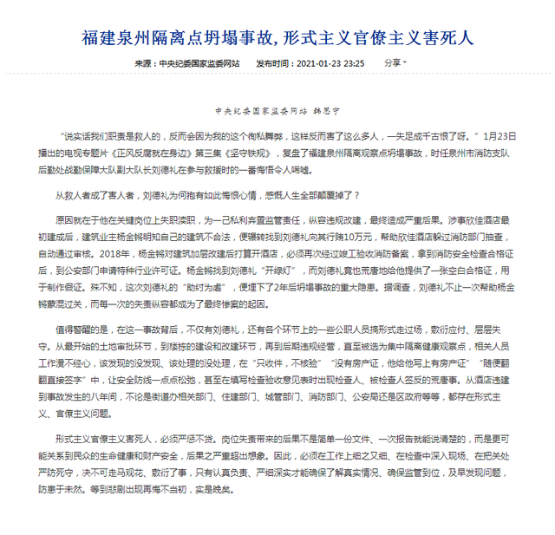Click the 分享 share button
(x=394, y=63)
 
